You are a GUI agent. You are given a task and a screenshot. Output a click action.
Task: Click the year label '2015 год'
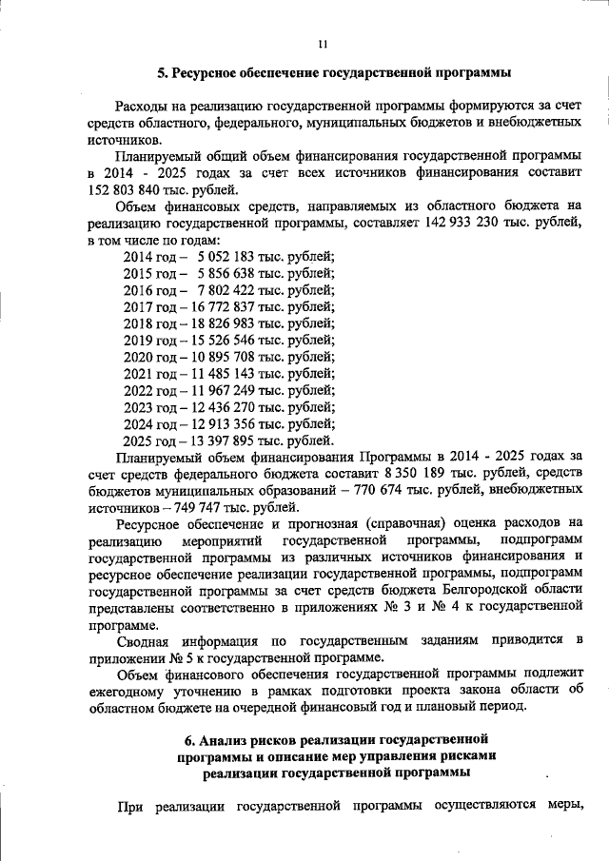pos(150,273)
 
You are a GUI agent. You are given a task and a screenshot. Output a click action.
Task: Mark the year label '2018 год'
pos(150,323)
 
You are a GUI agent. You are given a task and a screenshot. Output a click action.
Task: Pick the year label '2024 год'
pos(150,423)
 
